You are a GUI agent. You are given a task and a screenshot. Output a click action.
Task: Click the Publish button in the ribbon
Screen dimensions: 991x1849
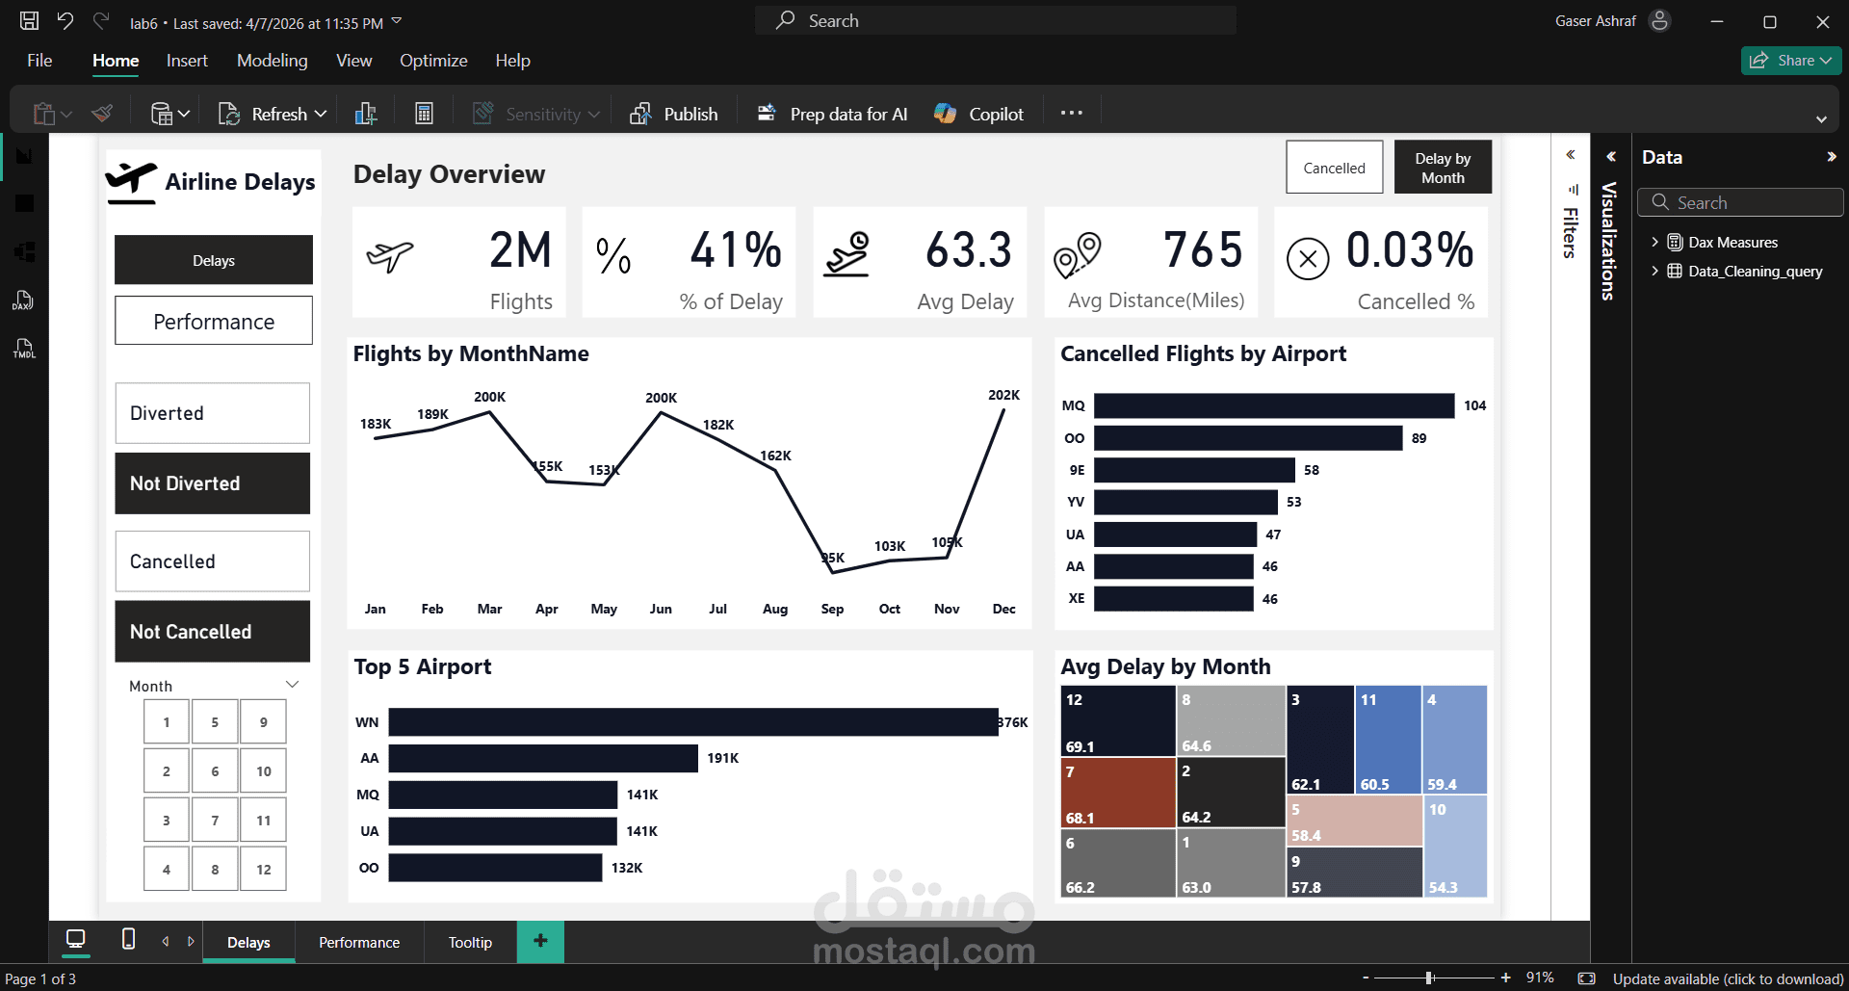click(x=674, y=114)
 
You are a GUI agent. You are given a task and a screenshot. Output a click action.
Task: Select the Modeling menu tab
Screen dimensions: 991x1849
click(x=272, y=61)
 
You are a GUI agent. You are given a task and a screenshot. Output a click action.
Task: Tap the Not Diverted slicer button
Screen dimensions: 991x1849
click(x=213, y=483)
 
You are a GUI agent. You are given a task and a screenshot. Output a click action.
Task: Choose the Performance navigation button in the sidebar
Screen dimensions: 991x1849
click(x=214, y=321)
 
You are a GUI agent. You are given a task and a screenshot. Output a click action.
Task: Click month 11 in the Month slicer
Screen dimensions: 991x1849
click(x=263, y=821)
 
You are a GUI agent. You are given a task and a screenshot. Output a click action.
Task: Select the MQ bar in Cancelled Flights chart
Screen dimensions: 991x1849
click(x=1273, y=405)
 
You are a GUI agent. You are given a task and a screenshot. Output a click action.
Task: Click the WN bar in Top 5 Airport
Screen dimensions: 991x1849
click(x=692, y=722)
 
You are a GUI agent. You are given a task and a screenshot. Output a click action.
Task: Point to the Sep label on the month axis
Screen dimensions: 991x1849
click(x=832, y=609)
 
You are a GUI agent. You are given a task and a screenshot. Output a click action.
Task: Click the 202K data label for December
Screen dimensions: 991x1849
click(x=1003, y=395)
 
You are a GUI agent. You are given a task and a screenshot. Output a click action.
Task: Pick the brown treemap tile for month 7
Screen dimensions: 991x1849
click(x=1117, y=793)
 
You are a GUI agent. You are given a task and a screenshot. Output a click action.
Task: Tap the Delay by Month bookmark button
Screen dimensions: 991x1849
click(x=1442, y=168)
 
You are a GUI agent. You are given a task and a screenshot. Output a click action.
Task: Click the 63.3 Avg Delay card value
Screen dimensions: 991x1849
click(x=968, y=250)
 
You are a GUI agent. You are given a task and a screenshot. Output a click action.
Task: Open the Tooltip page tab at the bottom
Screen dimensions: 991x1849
click(x=470, y=942)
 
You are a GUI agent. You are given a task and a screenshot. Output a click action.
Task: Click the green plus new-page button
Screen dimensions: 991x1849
click(x=540, y=941)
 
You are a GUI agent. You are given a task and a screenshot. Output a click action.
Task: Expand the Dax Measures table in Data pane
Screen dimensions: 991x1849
click(x=1654, y=243)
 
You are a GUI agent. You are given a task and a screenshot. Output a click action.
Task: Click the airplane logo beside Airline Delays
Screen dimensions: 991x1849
click(x=131, y=181)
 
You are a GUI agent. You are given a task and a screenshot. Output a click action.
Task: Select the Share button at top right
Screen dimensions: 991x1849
click(x=1790, y=60)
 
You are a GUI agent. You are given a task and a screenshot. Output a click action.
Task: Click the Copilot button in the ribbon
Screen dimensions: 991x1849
click(x=979, y=114)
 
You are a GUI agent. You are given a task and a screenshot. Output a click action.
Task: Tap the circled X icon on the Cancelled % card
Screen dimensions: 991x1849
click(x=1307, y=258)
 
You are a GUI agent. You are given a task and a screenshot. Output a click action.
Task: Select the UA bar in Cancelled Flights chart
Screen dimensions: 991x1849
click(x=1175, y=535)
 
